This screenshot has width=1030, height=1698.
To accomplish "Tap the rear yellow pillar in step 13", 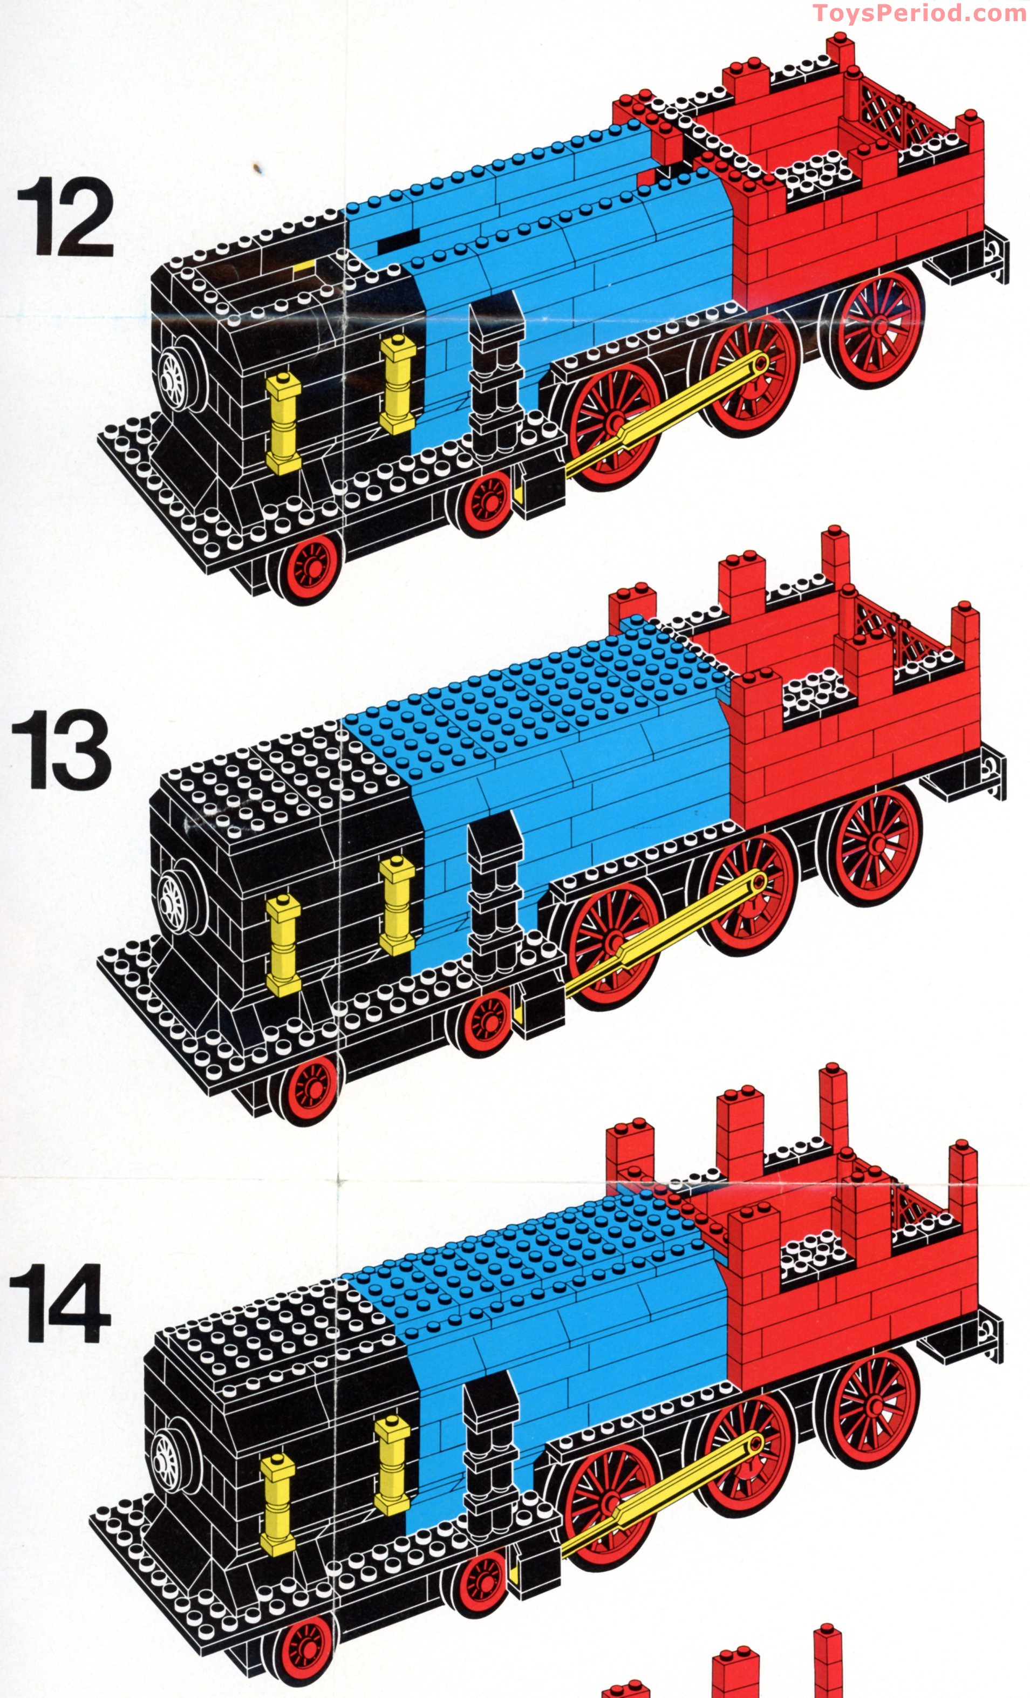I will pos(398,905).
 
